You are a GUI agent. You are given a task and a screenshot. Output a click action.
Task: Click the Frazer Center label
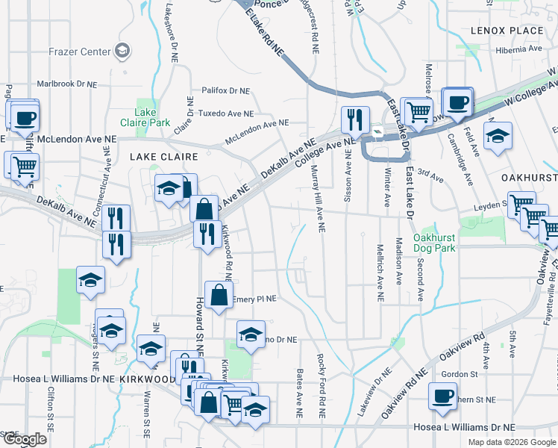(x=78, y=52)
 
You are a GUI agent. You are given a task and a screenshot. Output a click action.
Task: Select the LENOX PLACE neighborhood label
(x=507, y=31)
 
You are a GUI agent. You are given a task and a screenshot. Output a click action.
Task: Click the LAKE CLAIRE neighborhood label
(x=163, y=157)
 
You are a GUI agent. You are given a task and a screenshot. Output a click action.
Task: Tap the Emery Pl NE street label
(x=254, y=299)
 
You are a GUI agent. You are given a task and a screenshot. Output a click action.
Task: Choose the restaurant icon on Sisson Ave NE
(x=354, y=119)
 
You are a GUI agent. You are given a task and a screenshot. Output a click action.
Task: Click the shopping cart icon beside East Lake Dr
(x=418, y=111)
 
